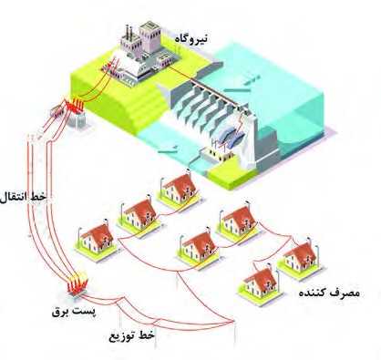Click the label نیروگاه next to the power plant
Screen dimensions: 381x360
tap(190, 38)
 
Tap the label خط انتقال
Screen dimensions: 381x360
tap(23, 197)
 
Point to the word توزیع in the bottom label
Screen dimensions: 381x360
tap(121, 336)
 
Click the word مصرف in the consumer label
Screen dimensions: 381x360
tap(344, 293)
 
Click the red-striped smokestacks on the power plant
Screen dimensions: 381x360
tap(128, 31)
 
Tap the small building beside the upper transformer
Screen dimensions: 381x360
tap(57, 111)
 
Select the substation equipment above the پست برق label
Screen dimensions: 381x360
tap(77, 285)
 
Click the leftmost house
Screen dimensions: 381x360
tap(97, 242)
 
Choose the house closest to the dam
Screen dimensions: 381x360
tap(179, 190)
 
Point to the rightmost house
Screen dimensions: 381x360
tap(300, 259)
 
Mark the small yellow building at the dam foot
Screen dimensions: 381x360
tap(218, 153)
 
